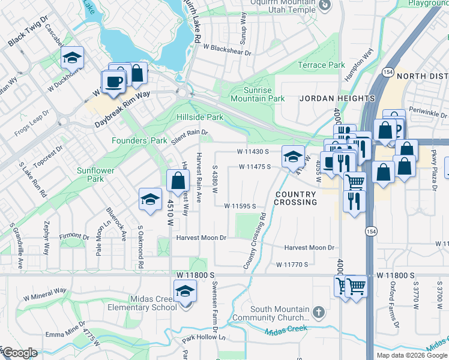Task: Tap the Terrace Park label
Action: (322, 65)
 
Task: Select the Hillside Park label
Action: (200, 117)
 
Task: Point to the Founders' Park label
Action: (139, 140)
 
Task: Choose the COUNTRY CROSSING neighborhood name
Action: (296, 199)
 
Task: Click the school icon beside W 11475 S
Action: (292, 157)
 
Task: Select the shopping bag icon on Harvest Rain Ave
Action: (178, 179)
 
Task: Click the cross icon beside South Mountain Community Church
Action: (318, 312)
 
